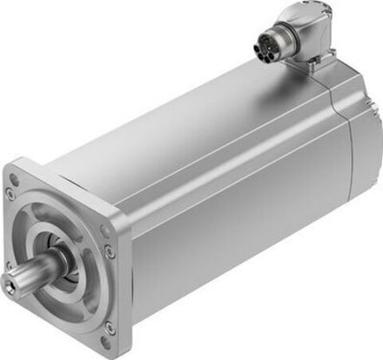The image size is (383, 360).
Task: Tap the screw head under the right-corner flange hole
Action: (x=109, y=250)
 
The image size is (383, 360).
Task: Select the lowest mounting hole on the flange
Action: (x=108, y=328)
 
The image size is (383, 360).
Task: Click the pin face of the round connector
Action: (x=262, y=46)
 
